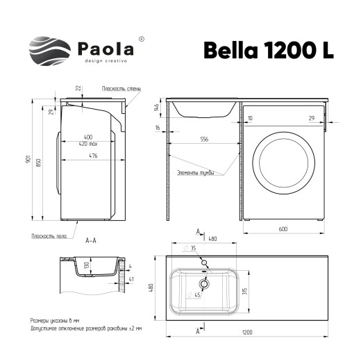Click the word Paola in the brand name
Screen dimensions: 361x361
[x=106, y=49]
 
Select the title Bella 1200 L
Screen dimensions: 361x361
[x=268, y=50]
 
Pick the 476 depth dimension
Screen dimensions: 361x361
[x=87, y=157]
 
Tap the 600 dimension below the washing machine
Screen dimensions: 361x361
[x=284, y=230]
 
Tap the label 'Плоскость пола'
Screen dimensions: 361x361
[x=47, y=236]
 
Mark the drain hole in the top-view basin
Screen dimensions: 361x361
[x=205, y=283]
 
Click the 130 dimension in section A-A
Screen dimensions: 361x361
[x=87, y=265]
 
